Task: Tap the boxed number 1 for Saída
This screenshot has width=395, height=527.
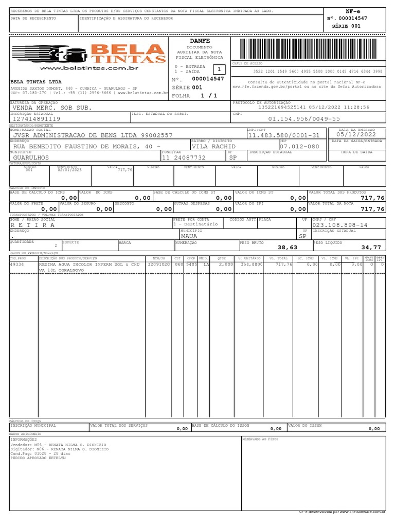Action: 219,69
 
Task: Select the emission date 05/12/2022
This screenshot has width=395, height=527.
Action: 357,135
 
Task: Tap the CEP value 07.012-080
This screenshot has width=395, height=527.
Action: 299,147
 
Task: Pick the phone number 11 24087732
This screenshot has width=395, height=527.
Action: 184,158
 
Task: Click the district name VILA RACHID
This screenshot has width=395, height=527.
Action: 213,147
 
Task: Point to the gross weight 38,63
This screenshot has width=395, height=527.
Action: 288,248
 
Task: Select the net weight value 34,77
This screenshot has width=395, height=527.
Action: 371,248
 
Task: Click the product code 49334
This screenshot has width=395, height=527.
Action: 17,264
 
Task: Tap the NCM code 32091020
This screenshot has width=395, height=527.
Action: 158,264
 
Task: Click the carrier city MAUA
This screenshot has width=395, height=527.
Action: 189,236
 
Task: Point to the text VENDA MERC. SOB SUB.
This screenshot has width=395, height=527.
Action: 52,108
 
